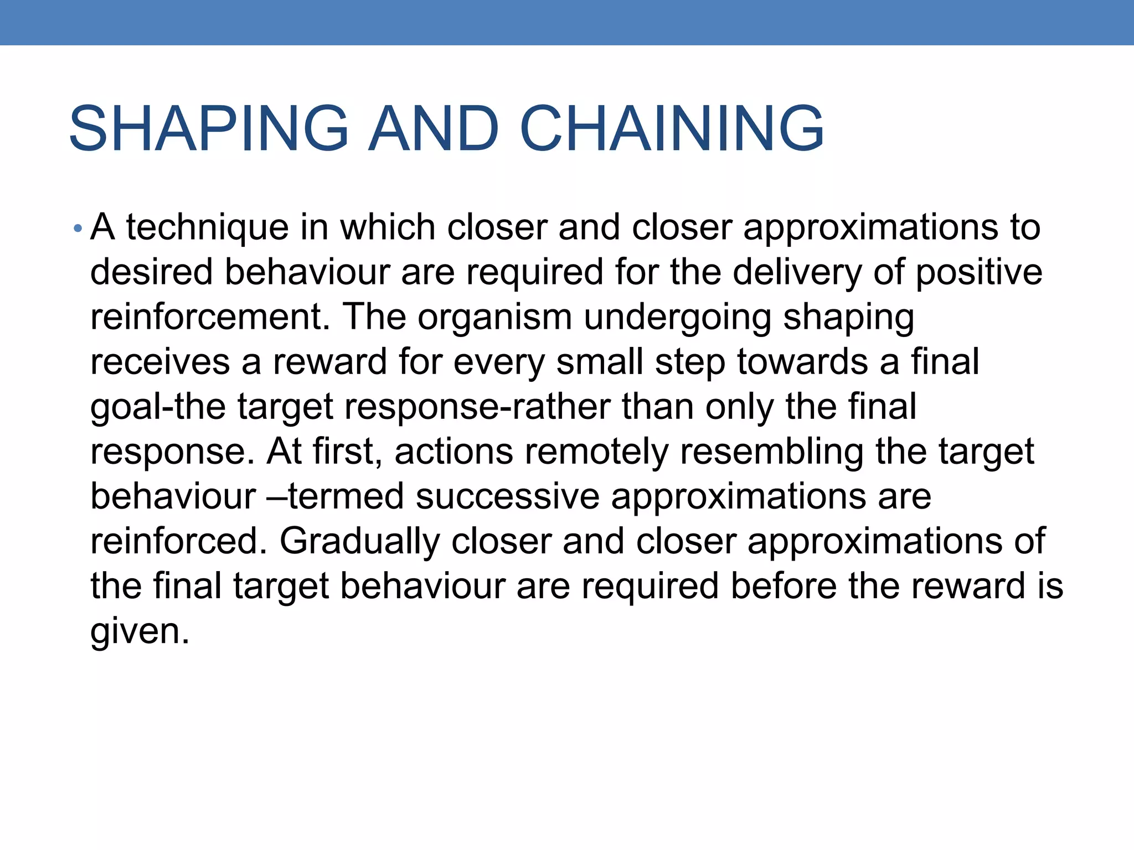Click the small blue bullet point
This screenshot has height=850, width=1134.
point(78,228)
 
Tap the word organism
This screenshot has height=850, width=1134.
point(494,317)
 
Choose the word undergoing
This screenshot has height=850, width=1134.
point(677,317)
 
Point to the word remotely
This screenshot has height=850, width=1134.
point(597,451)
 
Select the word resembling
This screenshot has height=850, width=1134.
point(771,451)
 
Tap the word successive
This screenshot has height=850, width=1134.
point(507,496)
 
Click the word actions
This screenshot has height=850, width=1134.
point(454,451)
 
